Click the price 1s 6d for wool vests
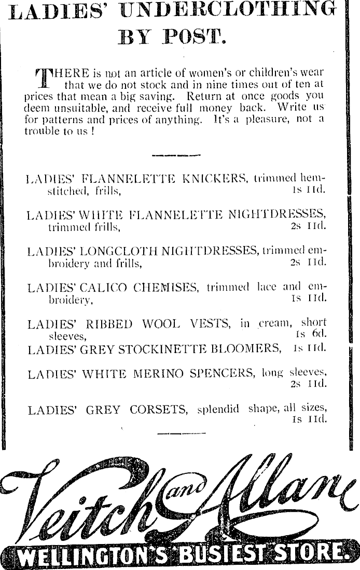(x=311, y=333)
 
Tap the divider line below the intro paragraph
(x=176, y=155)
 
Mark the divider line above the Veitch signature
(x=182, y=432)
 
